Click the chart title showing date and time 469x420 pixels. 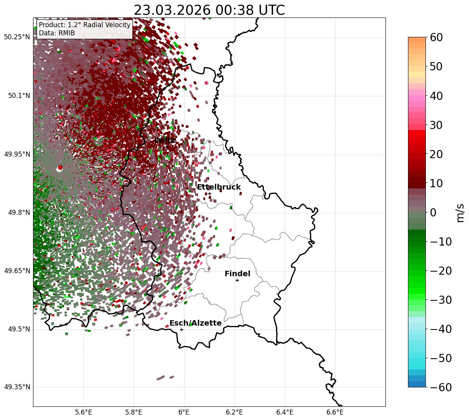click(209, 10)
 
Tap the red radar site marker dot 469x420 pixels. click(60, 167)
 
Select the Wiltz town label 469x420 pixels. click(165, 140)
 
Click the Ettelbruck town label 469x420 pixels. click(219, 187)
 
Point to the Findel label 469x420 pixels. click(237, 274)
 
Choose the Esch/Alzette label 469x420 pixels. click(195, 323)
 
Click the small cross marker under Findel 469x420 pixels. click(237, 280)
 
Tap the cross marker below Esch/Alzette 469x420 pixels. click(181, 329)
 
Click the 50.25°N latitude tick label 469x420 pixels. click(17, 37)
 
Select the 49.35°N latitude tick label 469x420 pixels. click(17, 387)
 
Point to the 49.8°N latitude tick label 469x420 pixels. click(18, 213)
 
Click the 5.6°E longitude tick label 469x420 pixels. click(84, 412)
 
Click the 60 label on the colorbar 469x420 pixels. click(437, 37)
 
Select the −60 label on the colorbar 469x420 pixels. click(441, 387)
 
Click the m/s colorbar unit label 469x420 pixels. click(460, 212)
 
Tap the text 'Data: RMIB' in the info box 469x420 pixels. click(57, 33)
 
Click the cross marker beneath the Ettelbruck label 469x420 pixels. click(209, 193)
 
